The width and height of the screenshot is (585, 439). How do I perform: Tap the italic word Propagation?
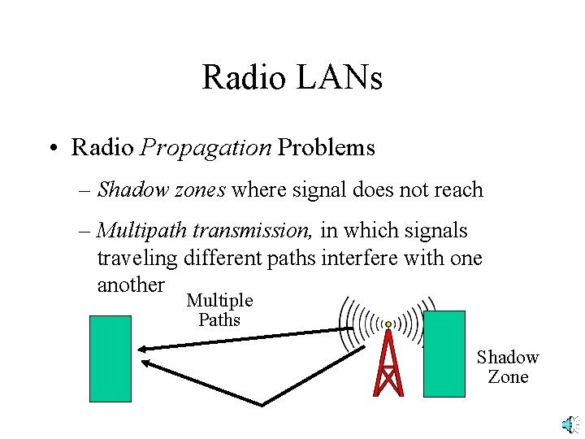(206, 147)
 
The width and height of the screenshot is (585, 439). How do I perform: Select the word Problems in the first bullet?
(327, 147)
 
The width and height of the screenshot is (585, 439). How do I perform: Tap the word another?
(131, 285)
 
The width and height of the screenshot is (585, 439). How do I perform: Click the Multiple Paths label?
(219, 310)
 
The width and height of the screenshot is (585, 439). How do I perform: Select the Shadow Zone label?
(508, 367)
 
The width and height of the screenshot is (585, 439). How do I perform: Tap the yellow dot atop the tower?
(388, 324)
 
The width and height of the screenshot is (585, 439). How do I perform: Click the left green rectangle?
(110, 359)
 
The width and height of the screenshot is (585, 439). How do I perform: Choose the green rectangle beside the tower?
(444, 354)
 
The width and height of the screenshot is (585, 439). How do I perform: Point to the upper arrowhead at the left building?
(141, 348)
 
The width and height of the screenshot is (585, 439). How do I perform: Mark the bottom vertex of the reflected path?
(261, 403)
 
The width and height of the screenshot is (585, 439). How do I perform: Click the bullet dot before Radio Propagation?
(51, 148)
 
